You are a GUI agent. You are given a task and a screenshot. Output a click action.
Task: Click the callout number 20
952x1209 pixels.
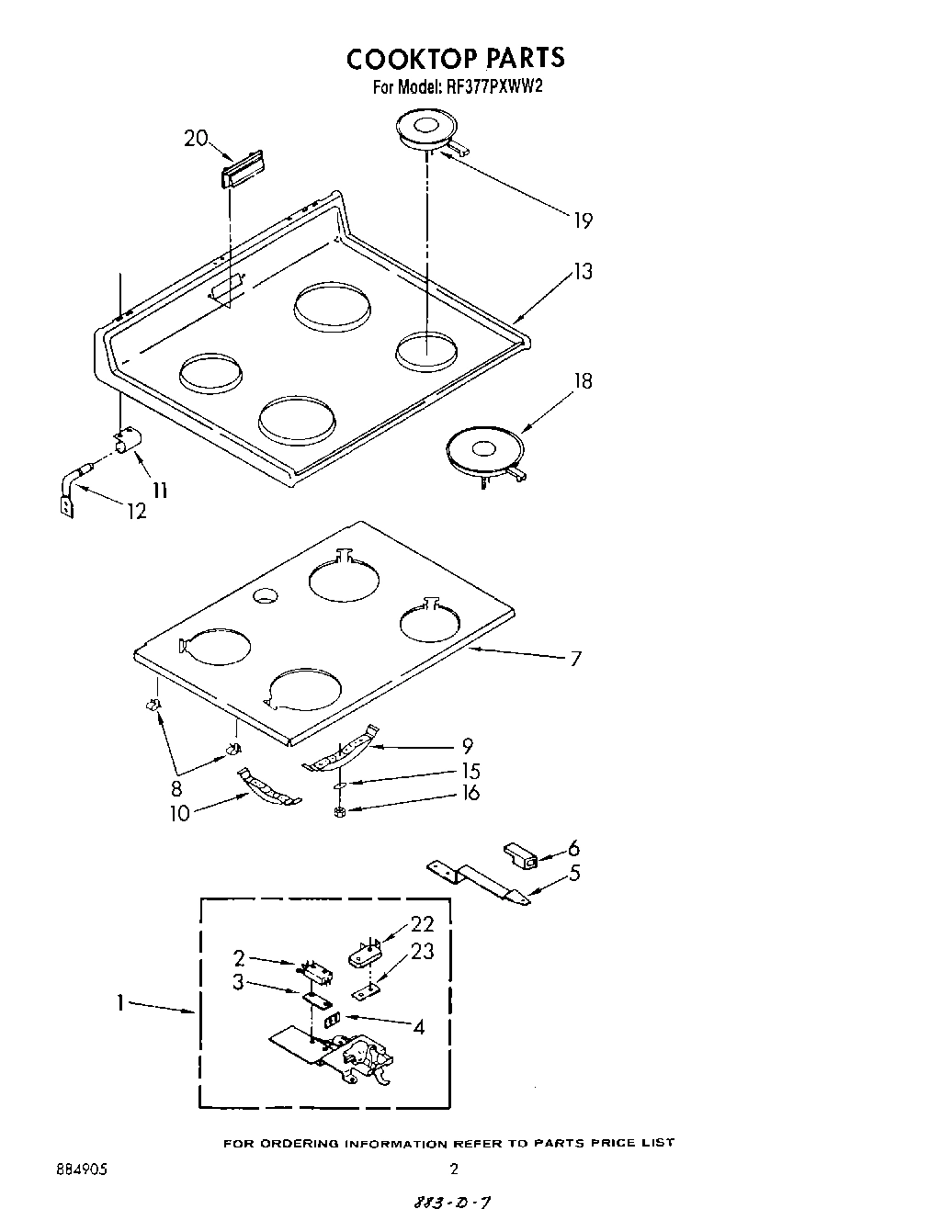pos(195,139)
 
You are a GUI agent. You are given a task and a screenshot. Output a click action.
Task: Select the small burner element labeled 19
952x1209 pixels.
pos(428,130)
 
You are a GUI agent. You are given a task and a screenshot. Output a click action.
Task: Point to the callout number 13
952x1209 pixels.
pos(583,271)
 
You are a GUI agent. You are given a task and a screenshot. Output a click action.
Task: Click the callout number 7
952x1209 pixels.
pos(575,659)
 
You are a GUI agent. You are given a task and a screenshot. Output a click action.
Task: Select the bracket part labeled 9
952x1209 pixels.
pos(342,749)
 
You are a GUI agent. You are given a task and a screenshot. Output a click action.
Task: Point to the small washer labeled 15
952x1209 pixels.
pos(339,787)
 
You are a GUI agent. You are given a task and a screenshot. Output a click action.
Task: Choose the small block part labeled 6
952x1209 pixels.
pos(522,855)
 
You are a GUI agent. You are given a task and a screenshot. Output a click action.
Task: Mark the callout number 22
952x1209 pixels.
pos(422,924)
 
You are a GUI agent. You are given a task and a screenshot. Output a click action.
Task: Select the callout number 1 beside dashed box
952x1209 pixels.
pos(120,1004)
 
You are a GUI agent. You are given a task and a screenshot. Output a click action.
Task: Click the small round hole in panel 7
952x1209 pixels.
pos(266,596)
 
